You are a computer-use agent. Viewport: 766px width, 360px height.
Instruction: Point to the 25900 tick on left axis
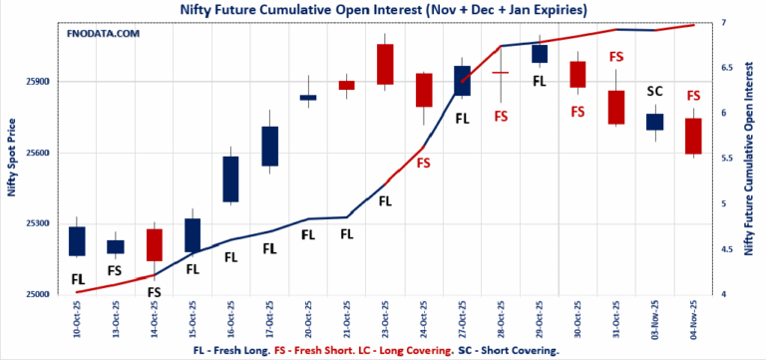tap(43, 82)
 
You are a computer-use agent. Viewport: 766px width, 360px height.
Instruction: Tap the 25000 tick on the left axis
tap(43, 294)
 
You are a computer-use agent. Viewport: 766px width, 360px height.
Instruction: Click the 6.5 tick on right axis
tap(721, 68)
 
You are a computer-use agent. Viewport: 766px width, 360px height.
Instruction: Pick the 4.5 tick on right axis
tap(721, 249)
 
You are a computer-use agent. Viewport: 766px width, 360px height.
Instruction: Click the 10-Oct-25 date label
tap(77, 318)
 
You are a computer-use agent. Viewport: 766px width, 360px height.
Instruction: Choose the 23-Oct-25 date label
tap(385, 318)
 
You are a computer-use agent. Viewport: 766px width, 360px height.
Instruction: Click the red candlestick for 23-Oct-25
tap(385, 64)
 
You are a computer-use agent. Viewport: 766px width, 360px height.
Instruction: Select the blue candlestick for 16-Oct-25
tap(230, 180)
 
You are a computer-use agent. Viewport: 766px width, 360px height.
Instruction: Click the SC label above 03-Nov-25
tap(654, 92)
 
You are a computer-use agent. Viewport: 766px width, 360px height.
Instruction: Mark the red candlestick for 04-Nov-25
tap(693, 136)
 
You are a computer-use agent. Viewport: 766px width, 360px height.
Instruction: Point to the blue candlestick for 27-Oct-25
tap(462, 81)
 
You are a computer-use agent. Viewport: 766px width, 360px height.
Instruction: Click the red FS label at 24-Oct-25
tap(424, 163)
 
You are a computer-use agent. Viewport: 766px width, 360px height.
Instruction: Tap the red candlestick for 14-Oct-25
tap(154, 244)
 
